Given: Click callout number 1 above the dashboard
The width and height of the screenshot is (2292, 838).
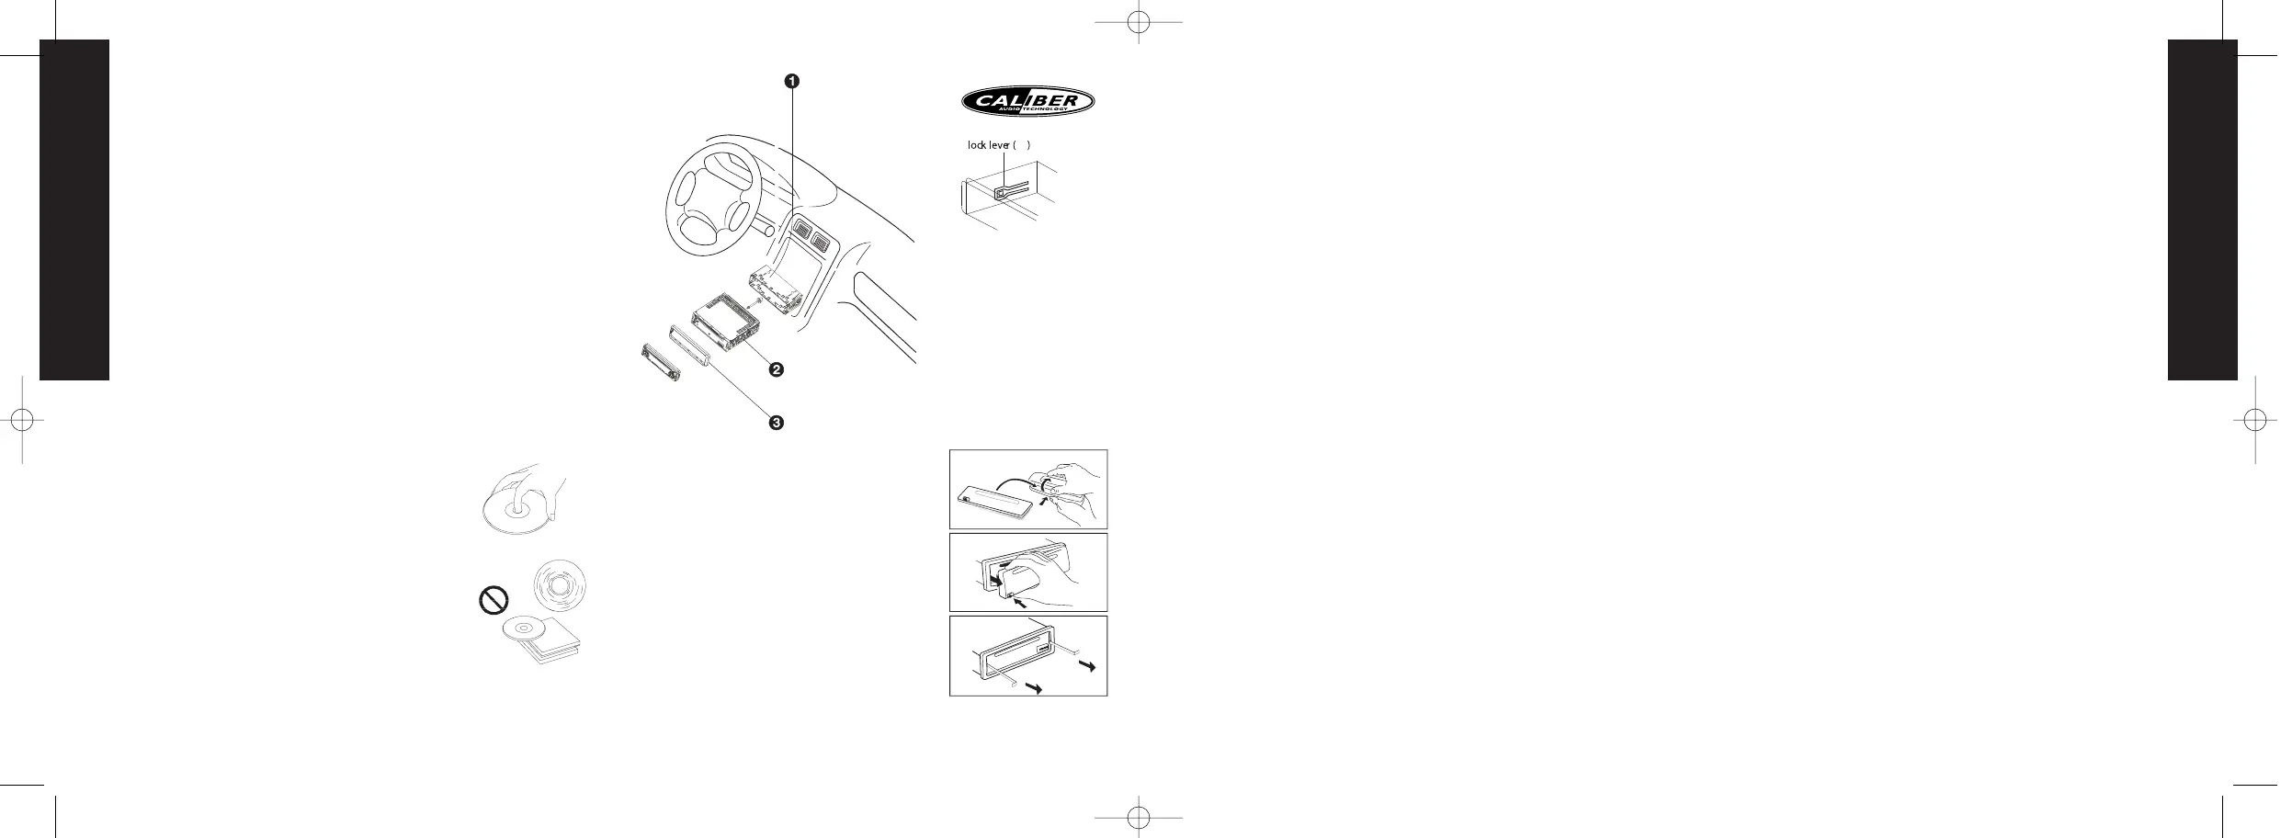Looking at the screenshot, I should (791, 81).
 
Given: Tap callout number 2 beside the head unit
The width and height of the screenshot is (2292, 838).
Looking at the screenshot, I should (776, 369).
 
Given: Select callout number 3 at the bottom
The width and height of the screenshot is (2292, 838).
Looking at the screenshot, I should (776, 423).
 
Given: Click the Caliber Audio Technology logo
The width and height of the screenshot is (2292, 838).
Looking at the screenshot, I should (1027, 102).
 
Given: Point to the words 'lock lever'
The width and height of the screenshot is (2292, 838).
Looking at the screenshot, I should (989, 145).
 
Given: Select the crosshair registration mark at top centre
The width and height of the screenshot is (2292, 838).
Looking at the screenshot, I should (1138, 23).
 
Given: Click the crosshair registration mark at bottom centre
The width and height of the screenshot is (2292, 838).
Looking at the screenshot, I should (1138, 816).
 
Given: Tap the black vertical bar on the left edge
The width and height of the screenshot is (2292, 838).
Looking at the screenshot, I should (74, 209).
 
